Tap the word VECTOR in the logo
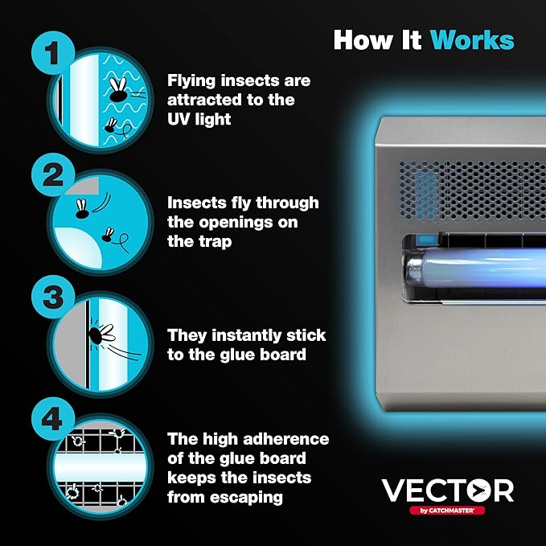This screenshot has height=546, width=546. [447, 490]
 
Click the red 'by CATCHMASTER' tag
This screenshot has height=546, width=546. [447, 511]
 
